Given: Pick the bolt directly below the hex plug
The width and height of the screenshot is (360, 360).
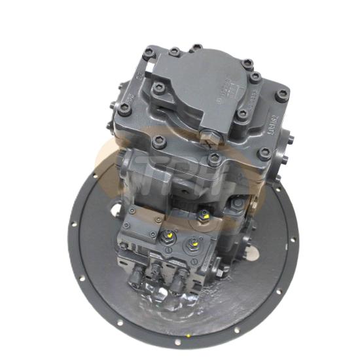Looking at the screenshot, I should pos(215,157).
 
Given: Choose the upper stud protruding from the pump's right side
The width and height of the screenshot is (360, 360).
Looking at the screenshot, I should pos(290,139).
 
